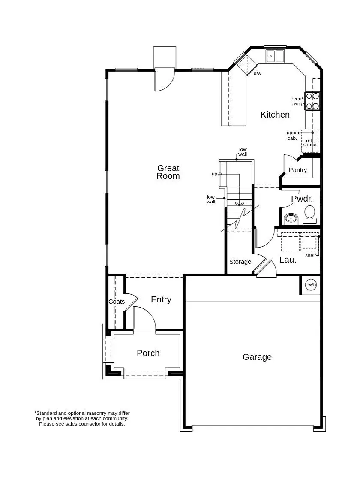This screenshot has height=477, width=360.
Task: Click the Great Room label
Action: point(168,172)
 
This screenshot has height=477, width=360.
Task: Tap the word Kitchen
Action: point(275,115)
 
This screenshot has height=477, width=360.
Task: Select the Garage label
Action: point(257,357)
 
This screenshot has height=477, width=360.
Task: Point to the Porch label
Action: point(148,353)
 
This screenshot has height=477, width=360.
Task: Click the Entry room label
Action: point(161,300)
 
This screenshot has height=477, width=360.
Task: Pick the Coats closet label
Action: point(117,302)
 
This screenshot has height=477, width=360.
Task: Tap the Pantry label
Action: point(298,170)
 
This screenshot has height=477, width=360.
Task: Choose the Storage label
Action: point(240,262)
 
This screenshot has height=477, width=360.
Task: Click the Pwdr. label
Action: point(302,199)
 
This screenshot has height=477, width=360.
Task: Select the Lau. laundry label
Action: point(288,260)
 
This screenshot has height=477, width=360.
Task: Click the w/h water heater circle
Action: point(312,284)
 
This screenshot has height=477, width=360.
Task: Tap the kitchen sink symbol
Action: point(275,56)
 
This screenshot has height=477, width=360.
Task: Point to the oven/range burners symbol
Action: point(312,101)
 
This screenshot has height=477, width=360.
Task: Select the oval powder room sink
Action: point(291,218)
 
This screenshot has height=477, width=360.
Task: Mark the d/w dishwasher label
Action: point(258,73)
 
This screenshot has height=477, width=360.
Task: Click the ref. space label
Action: point(309,142)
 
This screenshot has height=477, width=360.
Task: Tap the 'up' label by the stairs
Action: point(214,174)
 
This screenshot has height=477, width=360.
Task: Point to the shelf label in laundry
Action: point(310,255)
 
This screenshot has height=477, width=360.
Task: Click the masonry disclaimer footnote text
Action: point(82,418)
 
